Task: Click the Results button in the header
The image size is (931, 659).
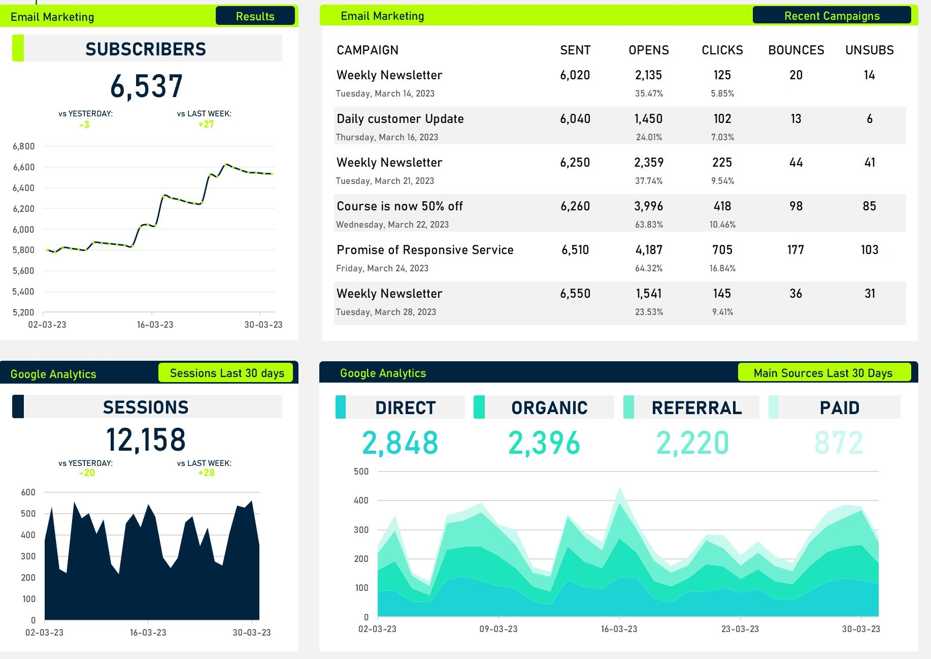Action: tap(255, 16)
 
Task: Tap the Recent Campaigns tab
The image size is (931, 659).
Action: tap(832, 16)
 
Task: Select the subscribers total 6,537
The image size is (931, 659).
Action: tap(146, 86)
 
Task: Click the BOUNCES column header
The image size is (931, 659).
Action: tap(795, 50)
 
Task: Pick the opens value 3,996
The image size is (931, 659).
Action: tap(648, 206)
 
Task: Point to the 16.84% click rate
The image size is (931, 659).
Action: tap(722, 268)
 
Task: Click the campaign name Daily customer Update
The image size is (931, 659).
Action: tap(400, 119)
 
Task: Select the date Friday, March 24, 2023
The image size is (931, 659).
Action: tap(382, 268)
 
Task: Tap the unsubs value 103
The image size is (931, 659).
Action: tap(869, 250)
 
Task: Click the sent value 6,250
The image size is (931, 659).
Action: tap(575, 163)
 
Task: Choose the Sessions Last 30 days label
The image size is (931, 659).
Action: tap(226, 373)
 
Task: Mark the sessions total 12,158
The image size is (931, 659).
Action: tap(146, 440)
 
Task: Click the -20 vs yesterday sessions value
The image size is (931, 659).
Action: tap(87, 473)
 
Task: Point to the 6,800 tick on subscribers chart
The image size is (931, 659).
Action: tap(23, 146)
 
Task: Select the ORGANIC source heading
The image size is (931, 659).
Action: tap(549, 407)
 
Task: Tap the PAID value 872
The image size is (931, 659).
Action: tap(839, 443)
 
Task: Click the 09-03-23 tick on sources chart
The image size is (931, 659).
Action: tap(498, 629)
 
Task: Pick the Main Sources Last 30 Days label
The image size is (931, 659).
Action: tap(822, 373)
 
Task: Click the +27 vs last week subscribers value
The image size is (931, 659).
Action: tap(206, 124)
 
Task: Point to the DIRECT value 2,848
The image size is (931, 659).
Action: tap(400, 443)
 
